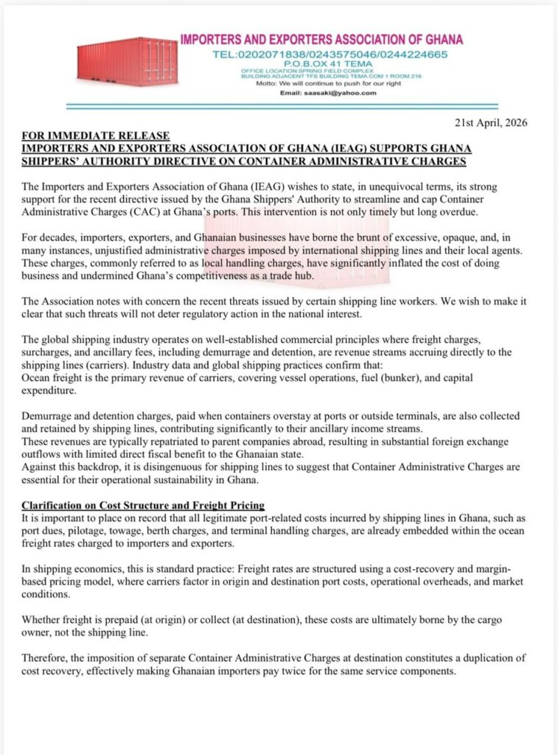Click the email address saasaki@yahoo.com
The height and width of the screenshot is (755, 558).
tap(339, 93)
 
